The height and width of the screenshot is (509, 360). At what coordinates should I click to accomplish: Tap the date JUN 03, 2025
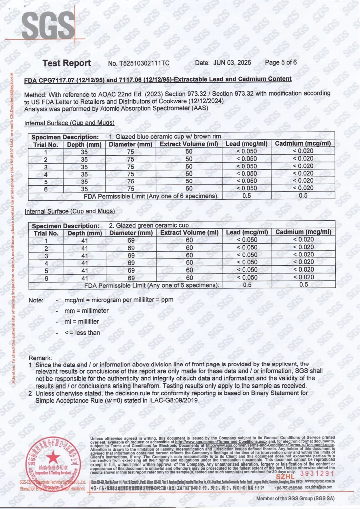232,62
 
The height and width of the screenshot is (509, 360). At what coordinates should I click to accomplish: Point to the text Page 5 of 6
281,62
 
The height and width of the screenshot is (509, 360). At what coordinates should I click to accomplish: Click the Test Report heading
67,63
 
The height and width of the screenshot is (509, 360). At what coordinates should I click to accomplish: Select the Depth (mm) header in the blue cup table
84,144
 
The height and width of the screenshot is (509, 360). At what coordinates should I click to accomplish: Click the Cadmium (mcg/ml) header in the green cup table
303,232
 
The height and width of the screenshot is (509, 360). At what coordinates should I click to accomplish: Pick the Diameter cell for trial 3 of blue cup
130,167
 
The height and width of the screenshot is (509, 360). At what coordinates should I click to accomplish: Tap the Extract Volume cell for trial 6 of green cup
189,278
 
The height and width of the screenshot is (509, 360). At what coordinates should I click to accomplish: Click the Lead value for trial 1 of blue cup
246,151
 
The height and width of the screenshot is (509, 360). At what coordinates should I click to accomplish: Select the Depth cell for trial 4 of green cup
85,263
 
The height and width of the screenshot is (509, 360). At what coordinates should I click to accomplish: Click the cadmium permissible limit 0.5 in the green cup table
303,285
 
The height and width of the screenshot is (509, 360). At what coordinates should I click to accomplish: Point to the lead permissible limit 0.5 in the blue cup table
247,196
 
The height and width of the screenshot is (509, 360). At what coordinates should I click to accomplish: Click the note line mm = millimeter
86,310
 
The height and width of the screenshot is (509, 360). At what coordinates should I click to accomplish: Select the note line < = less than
82,333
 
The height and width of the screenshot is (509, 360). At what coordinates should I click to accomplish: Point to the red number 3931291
317,473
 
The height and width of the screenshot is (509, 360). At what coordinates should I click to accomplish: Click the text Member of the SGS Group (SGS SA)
295,498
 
